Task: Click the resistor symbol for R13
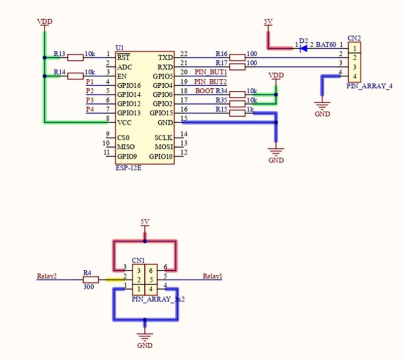click(x=75, y=58)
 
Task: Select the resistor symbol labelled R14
click(x=75, y=76)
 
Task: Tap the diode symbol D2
click(x=303, y=48)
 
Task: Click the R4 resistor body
click(x=91, y=280)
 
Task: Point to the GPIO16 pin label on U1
click(x=129, y=85)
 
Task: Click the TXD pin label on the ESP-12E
click(x=166, y=58)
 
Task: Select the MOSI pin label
click(x=163, y=147)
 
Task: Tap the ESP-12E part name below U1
click(x=129, y=168)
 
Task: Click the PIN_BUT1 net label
click(x=211, y=72)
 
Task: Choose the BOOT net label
click(x=204, y=91)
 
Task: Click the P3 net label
click(x=90, y=100)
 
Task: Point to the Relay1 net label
click(x=212, y=276)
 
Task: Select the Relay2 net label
click(x=47, y=276)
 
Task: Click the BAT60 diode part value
click(x=326, y=44)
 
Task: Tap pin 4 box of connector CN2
click(x=354, y=76)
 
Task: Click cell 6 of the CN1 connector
click(x=151, y=271)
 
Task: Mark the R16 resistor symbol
click(x=237, y=58)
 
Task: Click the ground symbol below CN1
click(x=145, y=337)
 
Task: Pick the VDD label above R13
click(x=44, y=21)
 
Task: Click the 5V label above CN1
click(x=145, y=222)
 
